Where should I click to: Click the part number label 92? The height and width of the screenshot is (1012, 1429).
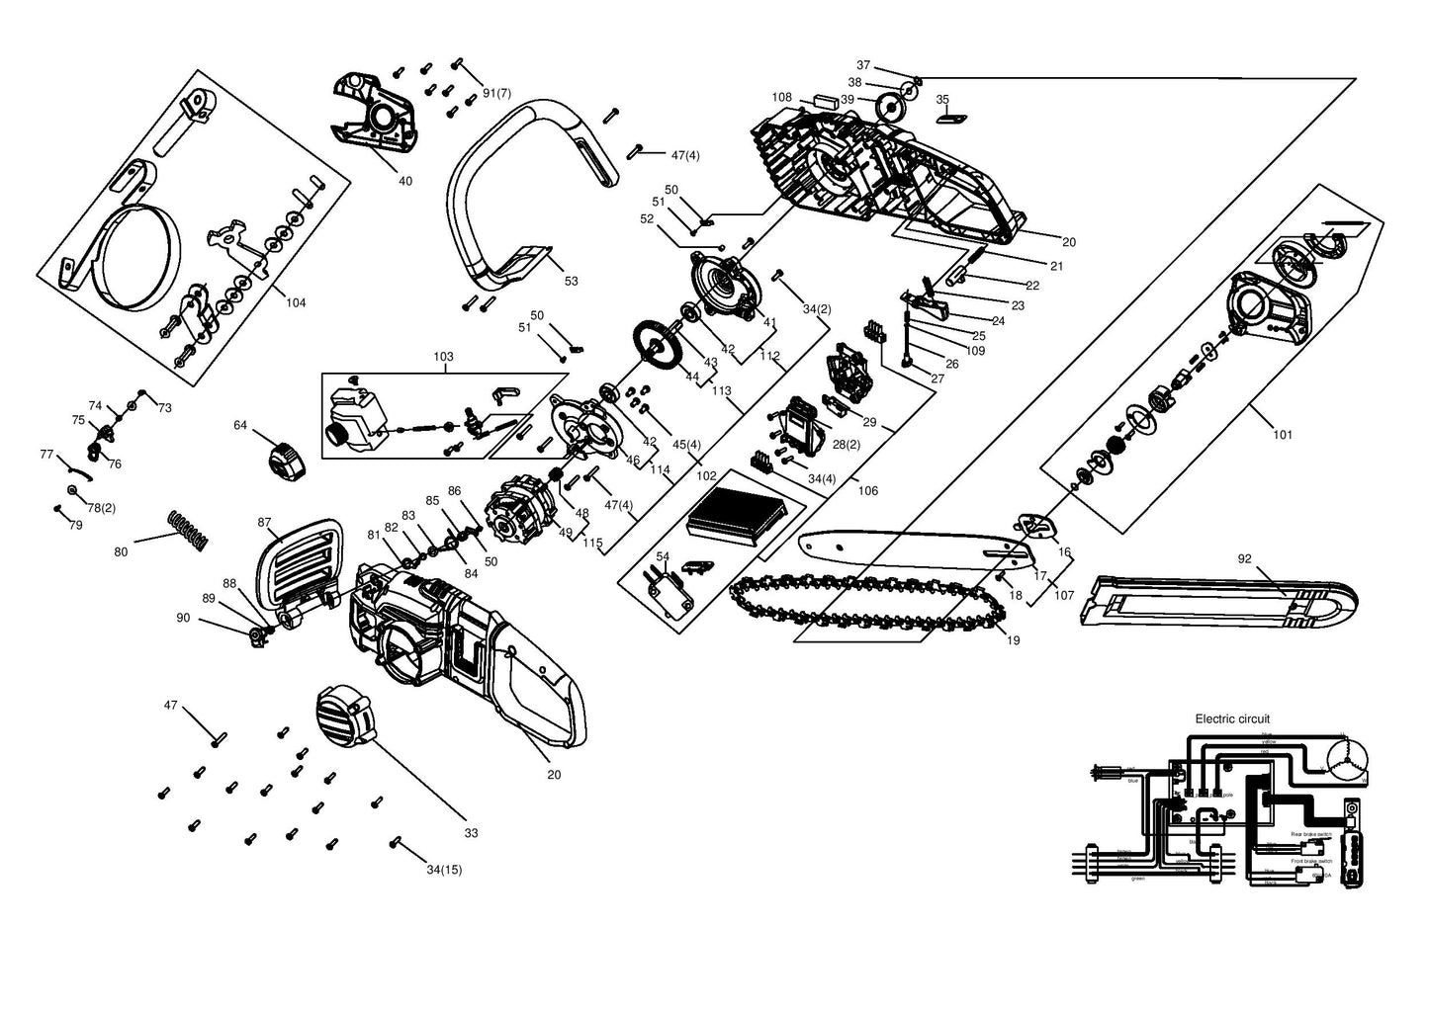point(1244,559)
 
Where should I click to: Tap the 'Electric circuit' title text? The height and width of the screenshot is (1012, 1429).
point(1232,719)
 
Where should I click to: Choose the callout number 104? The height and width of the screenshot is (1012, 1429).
point(296,303)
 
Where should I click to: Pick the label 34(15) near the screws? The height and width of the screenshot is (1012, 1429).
point(444,870)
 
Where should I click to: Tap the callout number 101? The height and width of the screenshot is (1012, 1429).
point(1283,435)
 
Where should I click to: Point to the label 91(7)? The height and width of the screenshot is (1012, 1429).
point(496,93)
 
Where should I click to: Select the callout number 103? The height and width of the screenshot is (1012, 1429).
point(443,357)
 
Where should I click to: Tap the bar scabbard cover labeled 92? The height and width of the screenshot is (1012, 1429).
point(1221,599)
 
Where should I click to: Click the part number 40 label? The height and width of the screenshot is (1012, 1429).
point(404,182)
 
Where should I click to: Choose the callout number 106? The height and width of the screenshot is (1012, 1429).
point(867,491)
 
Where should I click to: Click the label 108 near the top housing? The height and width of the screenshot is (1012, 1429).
point(781,97)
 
